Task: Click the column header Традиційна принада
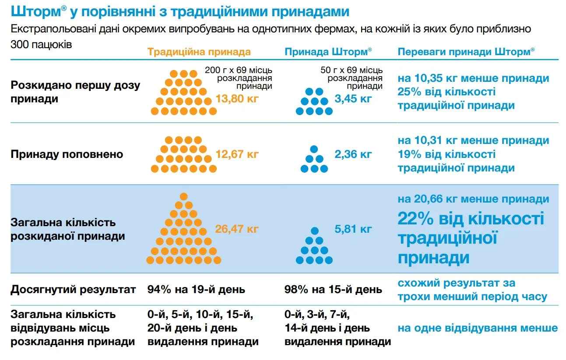click(199, 52)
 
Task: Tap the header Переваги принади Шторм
click(466, 52)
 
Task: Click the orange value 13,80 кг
click(237, 98)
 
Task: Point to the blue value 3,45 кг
click(353, 98)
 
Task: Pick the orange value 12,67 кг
click(237, 154)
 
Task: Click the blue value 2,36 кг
click(353, 154)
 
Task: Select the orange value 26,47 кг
click(237, 229)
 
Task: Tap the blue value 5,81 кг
click(353, 229)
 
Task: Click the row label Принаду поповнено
click(67, 154)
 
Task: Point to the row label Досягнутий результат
click(73, 290)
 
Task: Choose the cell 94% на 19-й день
click(196, 290)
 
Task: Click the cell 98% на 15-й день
click(333, 290)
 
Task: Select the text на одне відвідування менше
click(478, 328)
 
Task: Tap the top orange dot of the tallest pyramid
click(184, 196)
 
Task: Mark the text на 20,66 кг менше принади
click(473, 199)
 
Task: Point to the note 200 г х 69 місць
click(239, 70)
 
